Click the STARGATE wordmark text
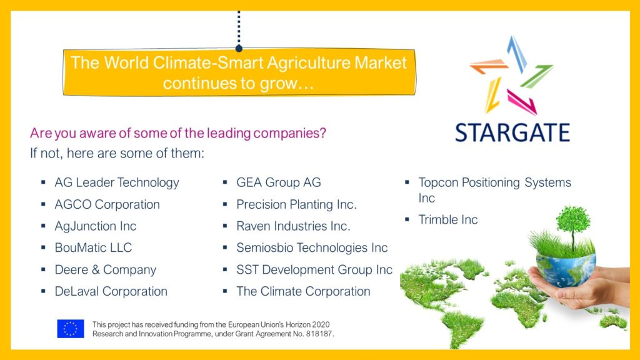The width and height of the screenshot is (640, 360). coord(512,132)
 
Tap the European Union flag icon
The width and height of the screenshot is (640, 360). coord(71,329)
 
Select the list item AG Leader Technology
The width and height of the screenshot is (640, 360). coord(117,182)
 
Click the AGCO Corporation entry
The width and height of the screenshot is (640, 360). coord(107,204)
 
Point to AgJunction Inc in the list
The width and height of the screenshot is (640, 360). coord(96,226)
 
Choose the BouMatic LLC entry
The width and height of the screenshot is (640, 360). coord(94,247)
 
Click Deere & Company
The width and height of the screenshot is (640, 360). coord(106,269)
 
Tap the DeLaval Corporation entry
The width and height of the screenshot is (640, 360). coord(111,291)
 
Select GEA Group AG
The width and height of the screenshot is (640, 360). coord(279,182)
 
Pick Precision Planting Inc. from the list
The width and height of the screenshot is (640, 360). coord(296,204)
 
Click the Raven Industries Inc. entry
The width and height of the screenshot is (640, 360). coord(293,226)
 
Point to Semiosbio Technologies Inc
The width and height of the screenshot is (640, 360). coord(312,247)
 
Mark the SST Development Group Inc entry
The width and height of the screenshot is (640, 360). coord(314,269)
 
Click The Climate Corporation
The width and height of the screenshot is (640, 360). coord(303,291)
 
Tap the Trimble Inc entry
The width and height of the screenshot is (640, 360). coord(448,219)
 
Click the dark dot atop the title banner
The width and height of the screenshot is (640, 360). coord(239,48)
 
